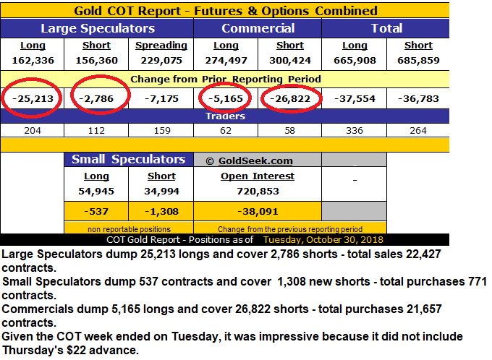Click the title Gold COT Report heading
pos(226,11)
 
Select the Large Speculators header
pos(98,28)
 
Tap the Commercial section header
pos(258,28)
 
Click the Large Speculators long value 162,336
pos(33,60)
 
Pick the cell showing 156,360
pos(96,60)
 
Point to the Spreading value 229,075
pos(161,60)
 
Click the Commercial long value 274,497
pos(226,60)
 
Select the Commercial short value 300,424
pos(289,60)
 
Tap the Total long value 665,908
pos(355,60)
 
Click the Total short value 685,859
pos(417,60)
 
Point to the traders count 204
pos(33,131)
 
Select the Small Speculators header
pos(128,160)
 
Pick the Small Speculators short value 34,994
pos(161,192)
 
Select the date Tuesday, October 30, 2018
pos(323,239)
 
